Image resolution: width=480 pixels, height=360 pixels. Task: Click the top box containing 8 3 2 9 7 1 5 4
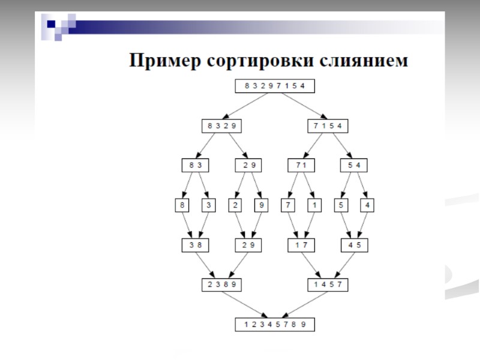click(x=274, y=86)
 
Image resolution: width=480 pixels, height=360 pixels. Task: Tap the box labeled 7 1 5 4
click(x=328, y=126)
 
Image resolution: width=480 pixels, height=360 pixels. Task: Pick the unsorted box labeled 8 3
click(x=193, y=165)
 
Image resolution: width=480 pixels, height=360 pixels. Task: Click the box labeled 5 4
click(x=354, y=165)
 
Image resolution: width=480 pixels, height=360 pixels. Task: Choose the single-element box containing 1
click(x=313, y=205)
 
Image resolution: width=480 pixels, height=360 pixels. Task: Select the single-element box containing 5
click(x=341, y=205)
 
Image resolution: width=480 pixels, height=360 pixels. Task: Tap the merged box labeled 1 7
click(x=300, y=245)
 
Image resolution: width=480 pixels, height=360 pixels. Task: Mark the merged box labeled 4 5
click(x=354, y=245)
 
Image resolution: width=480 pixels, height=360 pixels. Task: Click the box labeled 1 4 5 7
click(x=328, y=284)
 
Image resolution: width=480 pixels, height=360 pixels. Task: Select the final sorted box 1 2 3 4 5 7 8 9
click(x=274, y=325)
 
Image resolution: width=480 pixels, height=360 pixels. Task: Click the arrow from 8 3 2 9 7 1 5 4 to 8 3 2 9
click(x=248, y=106)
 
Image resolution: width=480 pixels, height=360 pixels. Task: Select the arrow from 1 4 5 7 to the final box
click(x=301, y=305)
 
